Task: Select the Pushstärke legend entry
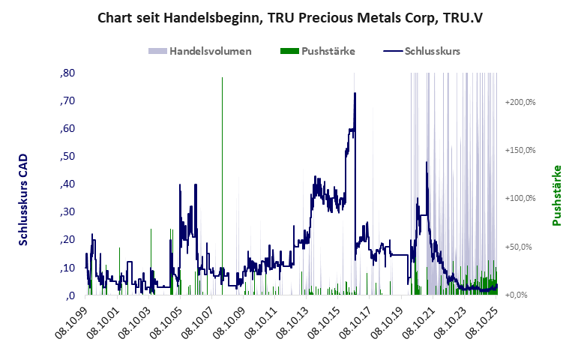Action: click(x=318, y=51)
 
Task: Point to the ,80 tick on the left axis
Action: click(x=66, y=73)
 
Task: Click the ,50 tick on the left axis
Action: click(x=66, y=156)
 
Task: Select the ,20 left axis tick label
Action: click(x=66, y=239)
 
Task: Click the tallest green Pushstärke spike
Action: click(x=222, y=79)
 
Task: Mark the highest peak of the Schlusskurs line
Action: click(x=355, y=93)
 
